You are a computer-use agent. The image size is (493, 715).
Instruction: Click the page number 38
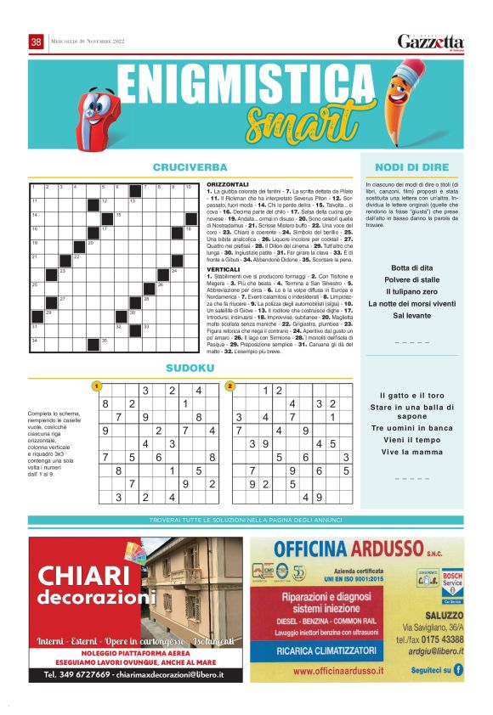point(37,42)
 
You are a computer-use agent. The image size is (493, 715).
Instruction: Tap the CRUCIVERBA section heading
point(190,167)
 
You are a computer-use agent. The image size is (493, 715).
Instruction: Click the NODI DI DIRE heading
point(411,167)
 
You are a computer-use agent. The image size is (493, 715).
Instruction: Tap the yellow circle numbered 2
point(229,386)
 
